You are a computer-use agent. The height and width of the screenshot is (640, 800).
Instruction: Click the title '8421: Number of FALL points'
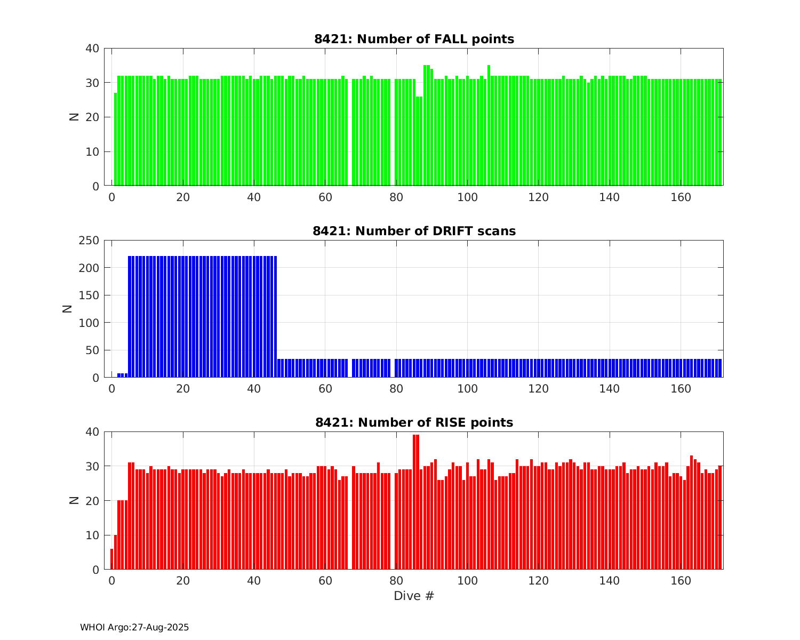(414, 39)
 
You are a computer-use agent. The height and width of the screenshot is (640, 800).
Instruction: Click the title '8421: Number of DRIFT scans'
(414, 231)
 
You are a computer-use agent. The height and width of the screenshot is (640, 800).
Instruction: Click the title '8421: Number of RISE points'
(414, 422)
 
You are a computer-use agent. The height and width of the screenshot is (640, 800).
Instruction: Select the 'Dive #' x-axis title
(414, 596)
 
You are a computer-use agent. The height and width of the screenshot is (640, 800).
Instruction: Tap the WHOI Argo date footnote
(134, 628)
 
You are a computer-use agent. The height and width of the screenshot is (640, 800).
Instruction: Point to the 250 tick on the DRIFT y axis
(90, 241)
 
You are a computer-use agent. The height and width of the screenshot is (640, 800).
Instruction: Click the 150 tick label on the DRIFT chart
(90, 295)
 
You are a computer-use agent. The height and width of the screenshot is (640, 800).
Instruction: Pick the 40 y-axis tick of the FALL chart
(92, 49)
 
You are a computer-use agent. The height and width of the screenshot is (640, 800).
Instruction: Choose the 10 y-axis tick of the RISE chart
(92, 535)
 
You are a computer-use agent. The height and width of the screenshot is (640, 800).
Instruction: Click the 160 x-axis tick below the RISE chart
(681, 580)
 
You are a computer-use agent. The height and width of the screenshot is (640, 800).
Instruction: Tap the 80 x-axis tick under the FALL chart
(396, 197)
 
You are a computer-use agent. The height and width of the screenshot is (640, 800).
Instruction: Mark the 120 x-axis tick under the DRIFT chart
(539, 388)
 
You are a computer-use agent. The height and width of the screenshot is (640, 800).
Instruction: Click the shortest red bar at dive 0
(112, 559)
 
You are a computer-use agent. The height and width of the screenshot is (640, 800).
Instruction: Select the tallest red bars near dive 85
(416, 501)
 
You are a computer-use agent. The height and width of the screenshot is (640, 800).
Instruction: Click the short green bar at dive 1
(116, 139)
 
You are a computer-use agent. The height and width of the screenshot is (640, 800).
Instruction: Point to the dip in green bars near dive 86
(419, 141)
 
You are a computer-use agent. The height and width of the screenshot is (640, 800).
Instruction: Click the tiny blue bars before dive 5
(123, 375)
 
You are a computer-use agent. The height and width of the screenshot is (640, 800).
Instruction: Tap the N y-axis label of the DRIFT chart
(68, 308)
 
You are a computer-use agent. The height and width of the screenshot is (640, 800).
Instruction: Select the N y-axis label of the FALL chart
(74, 117)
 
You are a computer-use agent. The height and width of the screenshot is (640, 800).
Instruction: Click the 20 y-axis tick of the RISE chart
(92, 501)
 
